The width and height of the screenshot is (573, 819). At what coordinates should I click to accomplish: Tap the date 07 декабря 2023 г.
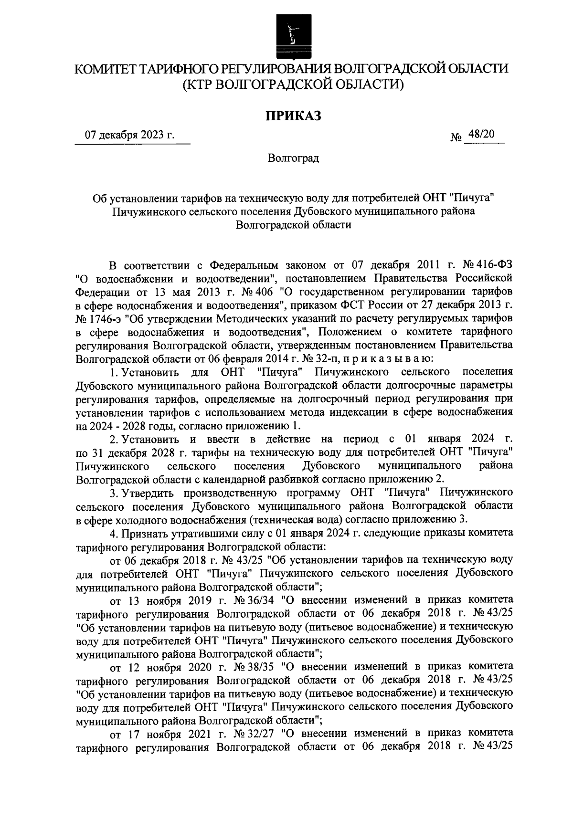point(129,135)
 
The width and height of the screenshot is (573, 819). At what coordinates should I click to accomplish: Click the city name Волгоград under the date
point(293,158)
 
